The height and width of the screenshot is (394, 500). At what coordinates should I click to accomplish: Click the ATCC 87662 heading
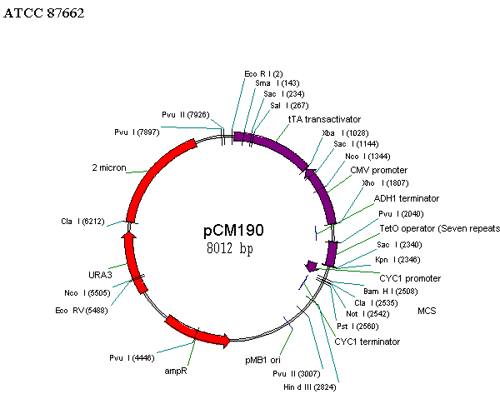[x=43, y=13]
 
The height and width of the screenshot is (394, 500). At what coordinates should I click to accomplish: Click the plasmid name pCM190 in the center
[x=233, y=230]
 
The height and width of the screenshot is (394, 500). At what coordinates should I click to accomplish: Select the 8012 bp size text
[x=230, y=248]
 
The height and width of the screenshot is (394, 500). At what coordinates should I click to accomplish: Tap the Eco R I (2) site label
[x=263, y=74]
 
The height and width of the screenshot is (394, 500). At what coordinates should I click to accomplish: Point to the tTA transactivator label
[x=325, y=119]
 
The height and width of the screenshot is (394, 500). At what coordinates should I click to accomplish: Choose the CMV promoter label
[x=379, y=170]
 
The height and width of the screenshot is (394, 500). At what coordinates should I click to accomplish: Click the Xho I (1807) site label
[x=385, y=183]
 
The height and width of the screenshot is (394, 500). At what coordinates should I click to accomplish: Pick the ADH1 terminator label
[x=407, y=198]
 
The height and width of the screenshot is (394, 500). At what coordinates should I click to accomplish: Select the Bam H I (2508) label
[x=390, y=292]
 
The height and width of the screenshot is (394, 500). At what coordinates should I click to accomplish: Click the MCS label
[x=427, y=311]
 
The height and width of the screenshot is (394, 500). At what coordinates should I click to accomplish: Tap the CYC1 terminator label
[x=367, y=342]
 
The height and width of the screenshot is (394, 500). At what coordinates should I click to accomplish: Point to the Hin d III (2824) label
[x=310, y=387]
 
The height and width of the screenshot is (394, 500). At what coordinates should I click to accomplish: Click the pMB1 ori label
[x=262, y=360]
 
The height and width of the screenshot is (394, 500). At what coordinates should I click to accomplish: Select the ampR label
[x=176, y=371]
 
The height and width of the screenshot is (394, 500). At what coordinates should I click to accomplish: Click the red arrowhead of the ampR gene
[x=226, y=341]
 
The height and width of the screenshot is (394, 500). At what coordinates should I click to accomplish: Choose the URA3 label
[x=101, y=275]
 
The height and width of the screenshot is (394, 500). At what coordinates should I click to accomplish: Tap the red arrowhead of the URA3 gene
[x=129, y=235]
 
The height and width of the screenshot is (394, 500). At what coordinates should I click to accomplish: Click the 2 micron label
[x=109, y=167]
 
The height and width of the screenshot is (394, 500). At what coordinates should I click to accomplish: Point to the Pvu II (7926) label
[x=186, y=115]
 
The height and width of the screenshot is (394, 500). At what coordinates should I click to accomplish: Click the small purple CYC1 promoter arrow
[x=311, y=266]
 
